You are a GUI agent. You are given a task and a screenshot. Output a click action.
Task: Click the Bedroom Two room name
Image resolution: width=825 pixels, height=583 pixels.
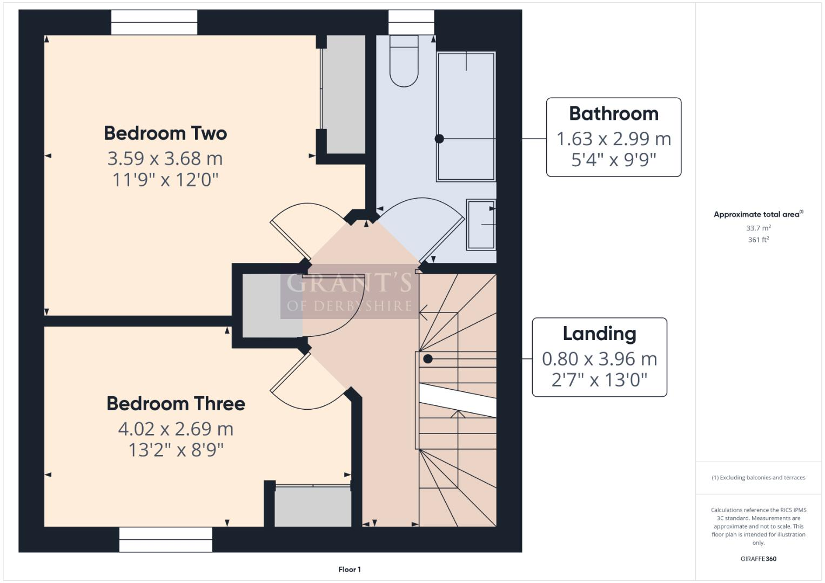tap(165, 133)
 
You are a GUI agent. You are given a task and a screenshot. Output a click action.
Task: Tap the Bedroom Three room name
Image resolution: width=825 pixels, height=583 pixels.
tap(176, 404)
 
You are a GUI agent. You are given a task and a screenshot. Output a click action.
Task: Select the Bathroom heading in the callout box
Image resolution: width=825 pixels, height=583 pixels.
tap(614, 114)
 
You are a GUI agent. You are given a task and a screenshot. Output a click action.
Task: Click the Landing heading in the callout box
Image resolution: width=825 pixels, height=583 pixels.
tap(599, 334)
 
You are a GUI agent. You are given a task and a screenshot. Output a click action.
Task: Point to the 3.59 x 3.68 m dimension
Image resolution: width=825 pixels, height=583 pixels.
tap(165, 159)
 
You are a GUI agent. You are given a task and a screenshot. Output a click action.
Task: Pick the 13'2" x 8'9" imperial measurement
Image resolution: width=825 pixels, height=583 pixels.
tap(176, 450)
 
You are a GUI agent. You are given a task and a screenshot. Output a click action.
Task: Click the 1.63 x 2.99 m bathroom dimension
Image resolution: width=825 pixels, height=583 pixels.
tap(614, 139)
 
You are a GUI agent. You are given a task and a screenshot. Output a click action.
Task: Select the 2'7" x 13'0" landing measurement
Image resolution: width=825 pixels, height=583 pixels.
tap(599, 380)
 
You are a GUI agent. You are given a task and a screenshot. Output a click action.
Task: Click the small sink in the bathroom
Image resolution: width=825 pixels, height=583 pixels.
tap(481, 225)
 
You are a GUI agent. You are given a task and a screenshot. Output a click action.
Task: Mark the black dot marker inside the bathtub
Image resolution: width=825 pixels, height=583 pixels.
tap(439, 139)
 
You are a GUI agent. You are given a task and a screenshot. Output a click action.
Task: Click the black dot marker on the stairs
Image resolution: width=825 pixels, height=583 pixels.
tap(428, 359)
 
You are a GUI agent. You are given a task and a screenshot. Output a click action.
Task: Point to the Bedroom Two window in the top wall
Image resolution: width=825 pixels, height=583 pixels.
tap(154, 22)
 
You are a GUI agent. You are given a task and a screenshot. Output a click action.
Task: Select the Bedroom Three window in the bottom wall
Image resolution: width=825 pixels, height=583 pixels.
tap(165, 539)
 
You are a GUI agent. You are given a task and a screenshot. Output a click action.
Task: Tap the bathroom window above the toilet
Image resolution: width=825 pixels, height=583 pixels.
tap(411, 22)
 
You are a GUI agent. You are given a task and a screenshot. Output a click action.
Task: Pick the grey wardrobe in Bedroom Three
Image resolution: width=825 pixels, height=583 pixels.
tap(313, 506)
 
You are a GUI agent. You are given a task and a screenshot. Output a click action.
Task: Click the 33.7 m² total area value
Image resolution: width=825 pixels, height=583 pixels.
tap(758, 228)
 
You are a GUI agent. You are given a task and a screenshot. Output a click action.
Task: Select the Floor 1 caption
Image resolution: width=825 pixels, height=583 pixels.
tap(350, 570)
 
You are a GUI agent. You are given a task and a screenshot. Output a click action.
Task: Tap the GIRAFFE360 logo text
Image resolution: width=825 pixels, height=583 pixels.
tap(758, 559)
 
